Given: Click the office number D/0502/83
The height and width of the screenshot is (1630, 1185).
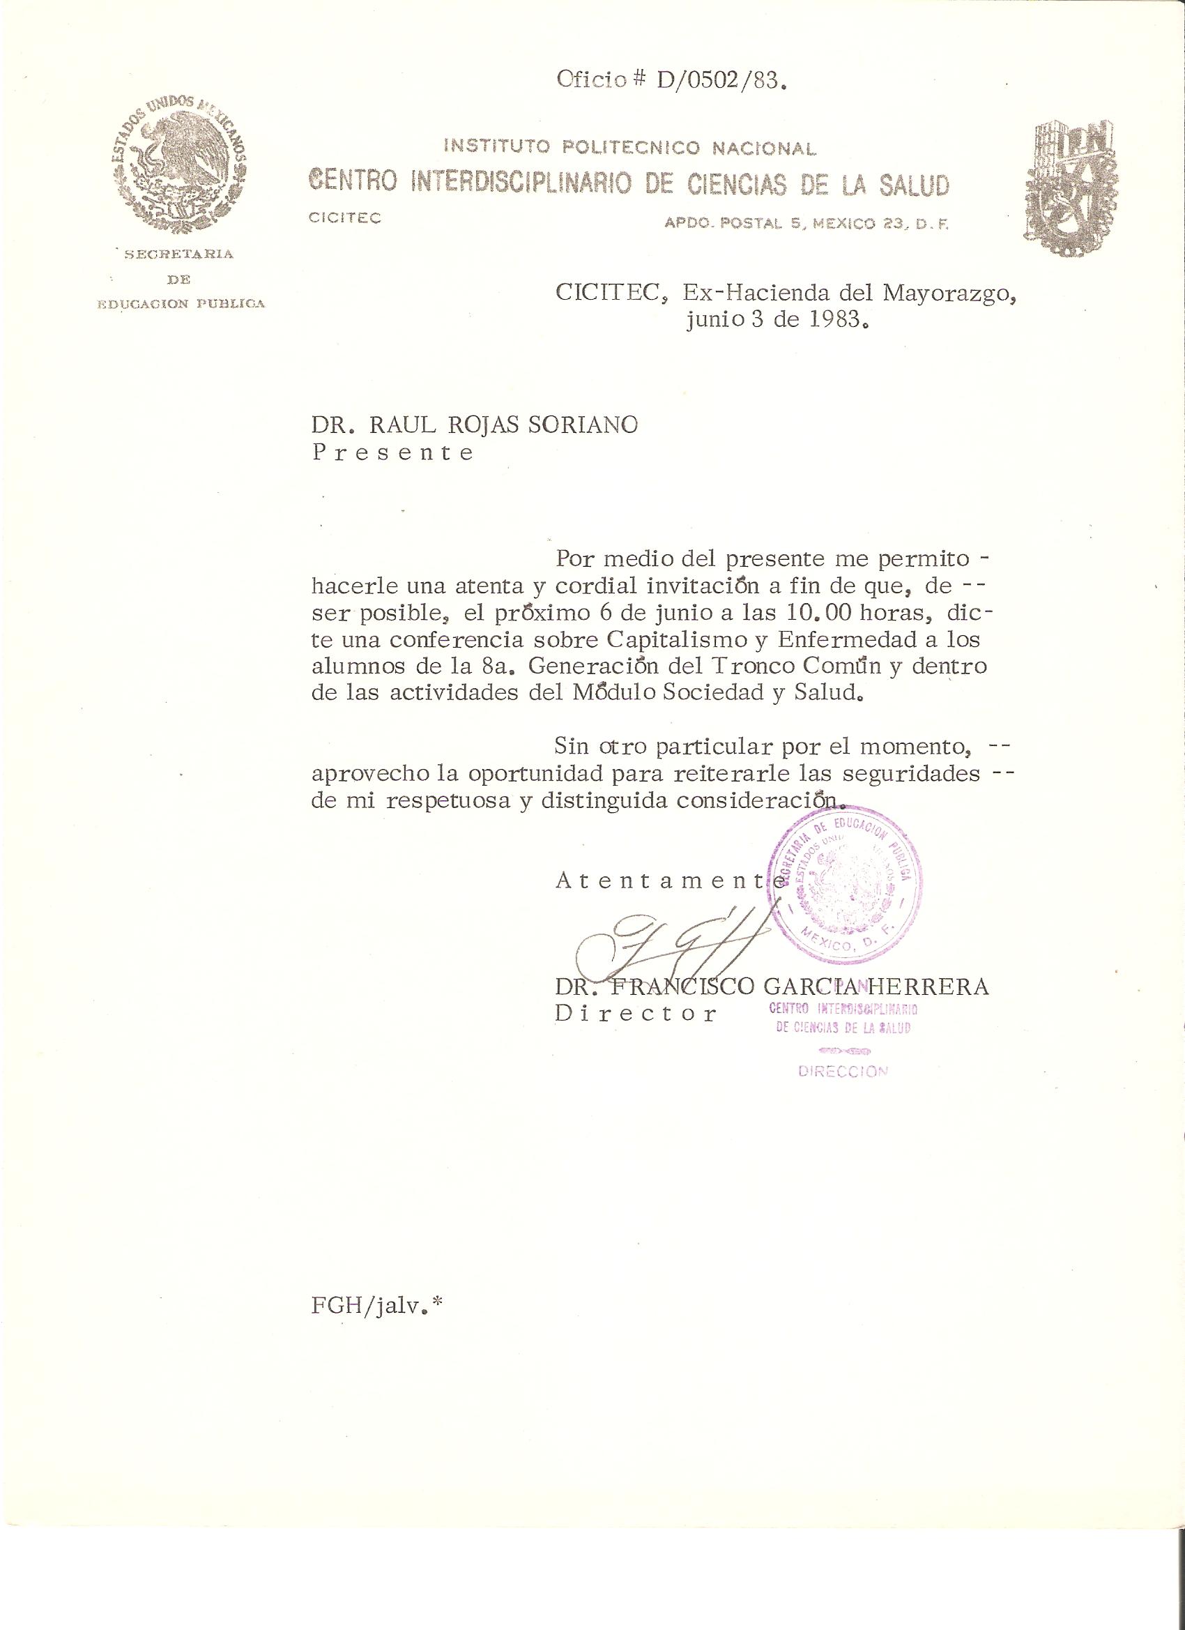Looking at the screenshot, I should tap(718, 80).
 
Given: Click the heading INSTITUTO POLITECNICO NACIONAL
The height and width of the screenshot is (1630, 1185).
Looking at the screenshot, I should tap(630, 148).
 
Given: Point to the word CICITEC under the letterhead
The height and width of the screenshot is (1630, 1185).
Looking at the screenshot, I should tap(344, 218).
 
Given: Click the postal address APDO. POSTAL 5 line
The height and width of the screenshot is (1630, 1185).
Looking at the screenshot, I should tap(807, 224).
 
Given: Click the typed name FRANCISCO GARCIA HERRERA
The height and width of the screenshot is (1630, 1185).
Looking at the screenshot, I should tap(797, 987).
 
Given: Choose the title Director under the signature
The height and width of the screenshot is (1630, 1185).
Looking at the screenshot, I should tap(635, 1014).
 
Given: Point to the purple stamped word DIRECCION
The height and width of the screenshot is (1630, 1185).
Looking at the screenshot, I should tap(843, 1072).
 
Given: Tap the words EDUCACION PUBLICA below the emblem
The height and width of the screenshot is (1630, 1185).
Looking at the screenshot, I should tap(181, 304).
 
